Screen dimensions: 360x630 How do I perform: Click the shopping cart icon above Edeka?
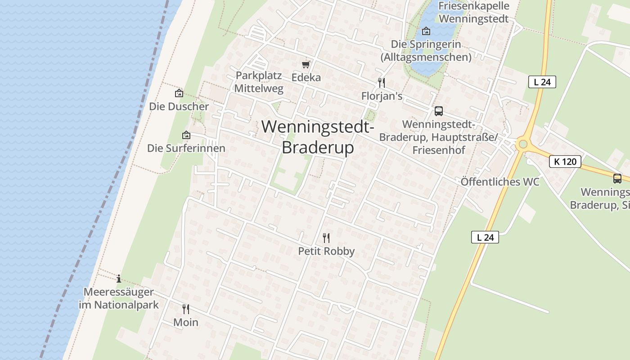[x=306, y=65]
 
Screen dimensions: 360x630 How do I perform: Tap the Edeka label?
[x=306, y=77]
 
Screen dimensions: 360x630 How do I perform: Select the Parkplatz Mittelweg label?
[x=259, y=82]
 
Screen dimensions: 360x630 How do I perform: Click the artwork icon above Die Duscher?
[x=179, y=94]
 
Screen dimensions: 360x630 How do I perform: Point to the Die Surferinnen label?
[x=186, y=148]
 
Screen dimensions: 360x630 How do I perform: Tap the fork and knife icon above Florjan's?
[x=382, y=83]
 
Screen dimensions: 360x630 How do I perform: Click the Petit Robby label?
[x=326, y=251]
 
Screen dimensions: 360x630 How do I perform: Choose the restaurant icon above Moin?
[x=185, y=309]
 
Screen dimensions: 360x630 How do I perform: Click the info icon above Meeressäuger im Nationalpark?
[x=119, y=279]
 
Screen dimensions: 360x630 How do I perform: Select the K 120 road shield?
[x=565, y=162]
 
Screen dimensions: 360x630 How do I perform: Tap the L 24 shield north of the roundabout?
[x=542, y=82]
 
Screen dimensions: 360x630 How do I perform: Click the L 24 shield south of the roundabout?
[x=485, y=237]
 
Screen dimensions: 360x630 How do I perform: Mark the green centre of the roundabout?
[x=522, y=144]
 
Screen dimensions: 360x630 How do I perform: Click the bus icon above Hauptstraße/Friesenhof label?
[x=438, y=111]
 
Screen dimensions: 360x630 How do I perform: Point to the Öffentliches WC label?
[x=500, y=182]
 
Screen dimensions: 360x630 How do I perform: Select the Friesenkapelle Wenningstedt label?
[x=473, y=12]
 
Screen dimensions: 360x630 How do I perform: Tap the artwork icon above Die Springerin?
[x=426, y=31]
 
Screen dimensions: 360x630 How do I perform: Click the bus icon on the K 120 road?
[x=617, y=179]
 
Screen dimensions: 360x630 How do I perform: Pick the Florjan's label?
[x=382, y=96]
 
